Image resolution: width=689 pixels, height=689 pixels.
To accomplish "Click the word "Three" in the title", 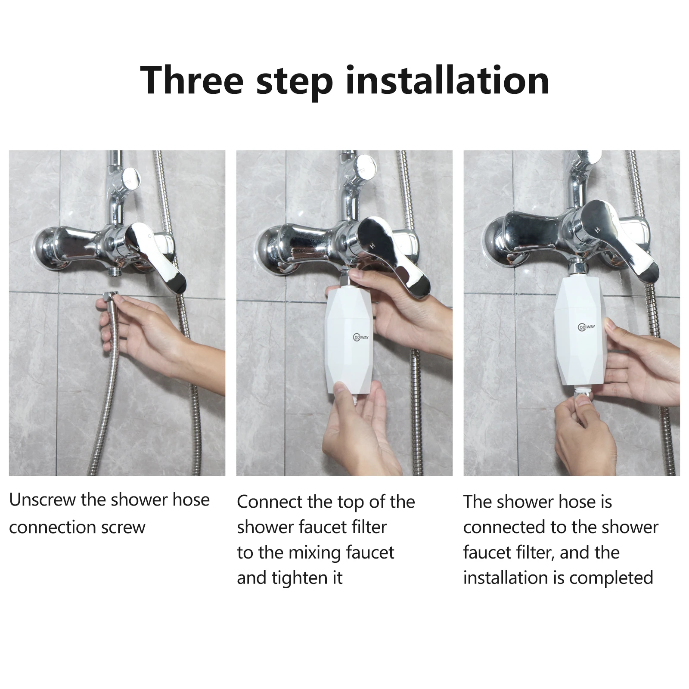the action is (x=192, y=80).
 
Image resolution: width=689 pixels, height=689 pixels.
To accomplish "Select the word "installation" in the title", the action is (x=447, y=80).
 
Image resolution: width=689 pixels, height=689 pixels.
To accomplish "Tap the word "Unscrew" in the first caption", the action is (x=42, y=500).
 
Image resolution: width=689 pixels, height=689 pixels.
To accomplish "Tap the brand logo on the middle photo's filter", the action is (x=361, y=337).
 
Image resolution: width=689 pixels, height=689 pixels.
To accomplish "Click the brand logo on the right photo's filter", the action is (x=587, y=327).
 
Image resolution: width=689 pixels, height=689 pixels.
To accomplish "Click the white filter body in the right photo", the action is (x=581, y=329).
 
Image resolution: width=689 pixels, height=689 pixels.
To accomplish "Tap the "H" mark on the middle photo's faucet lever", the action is (x=372, y=246).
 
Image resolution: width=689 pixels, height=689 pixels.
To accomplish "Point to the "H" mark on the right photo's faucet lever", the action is (x=597, y=230).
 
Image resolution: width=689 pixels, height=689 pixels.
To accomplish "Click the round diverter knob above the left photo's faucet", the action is (x=131, y=177).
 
